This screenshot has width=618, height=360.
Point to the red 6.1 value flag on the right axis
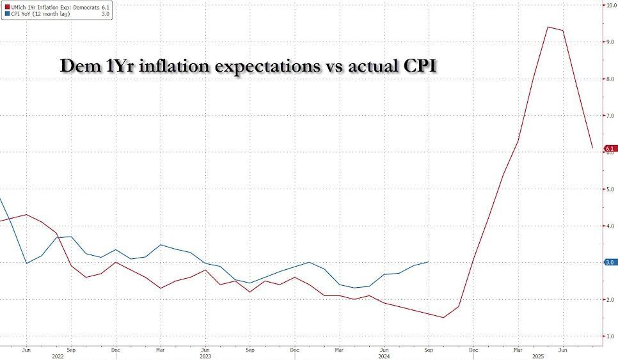click(610, 148)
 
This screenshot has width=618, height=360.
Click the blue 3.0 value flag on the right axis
click(610, 262)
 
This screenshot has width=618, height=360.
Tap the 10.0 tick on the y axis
click(611, 4)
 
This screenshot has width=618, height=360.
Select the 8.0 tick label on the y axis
click(611, 79)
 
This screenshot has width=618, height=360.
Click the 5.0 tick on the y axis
click(611, 189)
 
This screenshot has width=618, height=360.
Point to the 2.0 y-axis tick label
click(611, 299)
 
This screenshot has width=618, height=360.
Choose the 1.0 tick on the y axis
click(611, 336)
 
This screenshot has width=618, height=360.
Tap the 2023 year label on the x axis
click(206, 356)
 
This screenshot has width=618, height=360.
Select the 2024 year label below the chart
click(384, 356)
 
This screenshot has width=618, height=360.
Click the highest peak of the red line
click(548, 27)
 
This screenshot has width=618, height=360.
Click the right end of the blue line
click(428, 262)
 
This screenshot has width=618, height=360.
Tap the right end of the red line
click(593, 148)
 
